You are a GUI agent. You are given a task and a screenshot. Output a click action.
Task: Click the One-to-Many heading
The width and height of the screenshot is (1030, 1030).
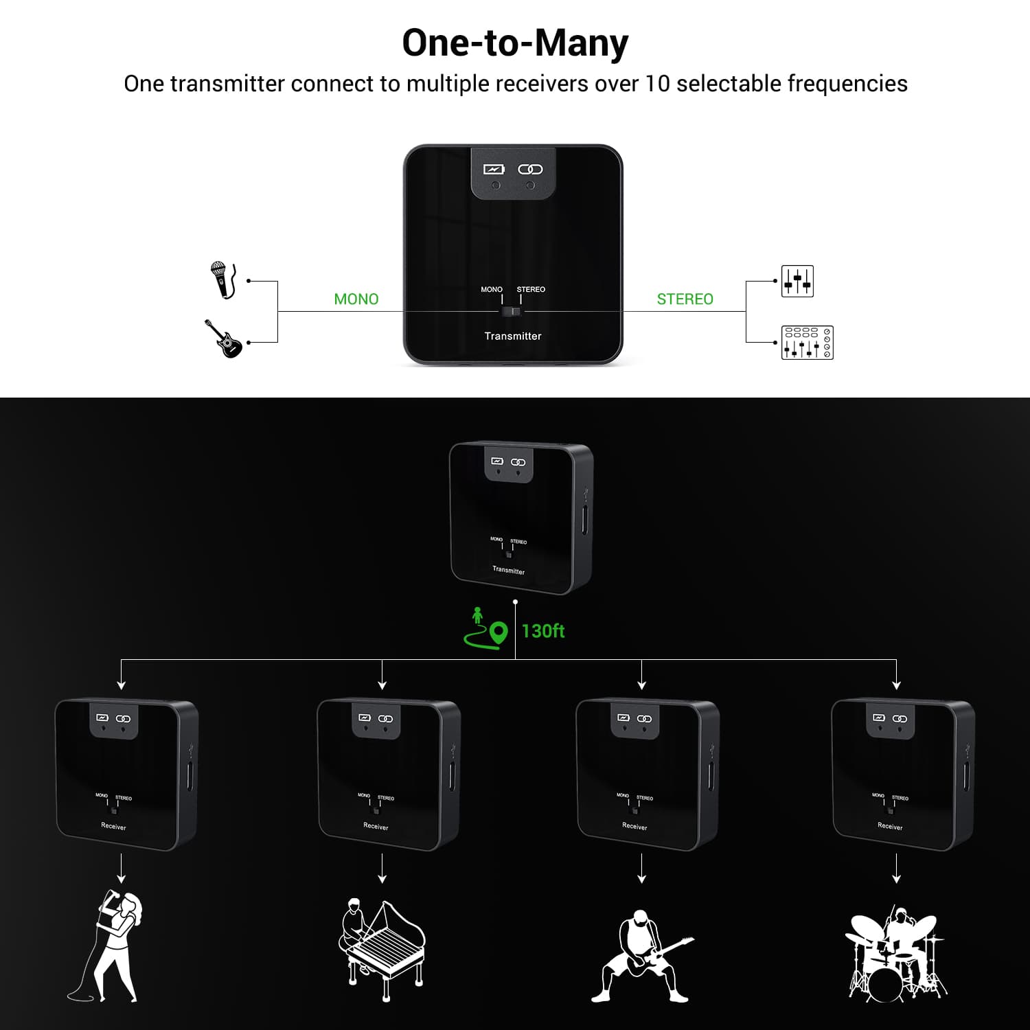(x=515, y=43)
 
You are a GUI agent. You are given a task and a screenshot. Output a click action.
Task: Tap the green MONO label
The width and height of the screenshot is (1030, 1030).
(x=356, y=299)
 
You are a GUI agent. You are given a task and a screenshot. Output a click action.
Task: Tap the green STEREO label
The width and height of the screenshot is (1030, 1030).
(x=685, y=299)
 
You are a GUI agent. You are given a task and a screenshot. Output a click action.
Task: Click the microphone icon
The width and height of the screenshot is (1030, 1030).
(x=223, y=279)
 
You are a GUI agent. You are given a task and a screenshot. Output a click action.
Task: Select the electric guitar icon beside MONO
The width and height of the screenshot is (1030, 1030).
(x=224, y=339)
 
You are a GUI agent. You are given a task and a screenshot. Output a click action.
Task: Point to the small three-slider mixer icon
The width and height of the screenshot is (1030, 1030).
(x=797, y=281)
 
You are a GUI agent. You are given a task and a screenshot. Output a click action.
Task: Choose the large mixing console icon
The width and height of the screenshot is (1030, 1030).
(x=808, y=343)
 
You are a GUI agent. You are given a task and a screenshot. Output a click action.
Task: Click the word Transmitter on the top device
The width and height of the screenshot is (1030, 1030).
(x=513, y=336)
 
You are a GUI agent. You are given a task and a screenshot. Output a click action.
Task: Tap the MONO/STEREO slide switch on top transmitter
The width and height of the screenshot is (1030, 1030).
(x=512, y=312)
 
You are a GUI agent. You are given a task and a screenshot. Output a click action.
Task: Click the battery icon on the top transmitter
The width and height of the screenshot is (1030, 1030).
(x=494, y=169)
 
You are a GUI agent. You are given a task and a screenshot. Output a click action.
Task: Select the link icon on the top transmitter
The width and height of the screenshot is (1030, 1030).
(x=530, y=169)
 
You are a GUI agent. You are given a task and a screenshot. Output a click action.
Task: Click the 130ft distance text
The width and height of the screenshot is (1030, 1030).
(x=543, y=631)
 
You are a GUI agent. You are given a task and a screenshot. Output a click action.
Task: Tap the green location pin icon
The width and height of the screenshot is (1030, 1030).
(x=499, y=632)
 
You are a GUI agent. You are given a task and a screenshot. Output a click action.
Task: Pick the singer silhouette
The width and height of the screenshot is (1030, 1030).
(x=110, y=946)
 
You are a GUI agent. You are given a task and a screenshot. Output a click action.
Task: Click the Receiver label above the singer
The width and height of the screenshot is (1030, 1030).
(x=113, y=827)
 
